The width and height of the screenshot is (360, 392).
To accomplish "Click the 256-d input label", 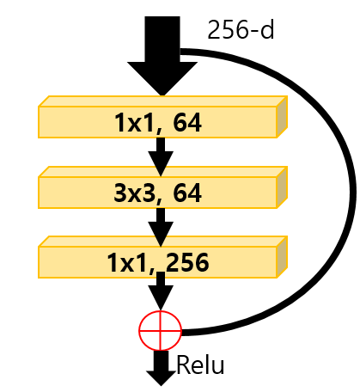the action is tap(241, 30).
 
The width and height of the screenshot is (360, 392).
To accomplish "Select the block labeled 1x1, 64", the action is tap(162, 117).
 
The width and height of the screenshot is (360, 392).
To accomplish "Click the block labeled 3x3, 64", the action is tap(162, 187).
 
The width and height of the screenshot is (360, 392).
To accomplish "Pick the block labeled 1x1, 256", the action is tap(162, 257).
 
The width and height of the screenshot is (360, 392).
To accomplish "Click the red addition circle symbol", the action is tap(161, 330).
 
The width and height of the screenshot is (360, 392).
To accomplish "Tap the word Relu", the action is tap(200, 364).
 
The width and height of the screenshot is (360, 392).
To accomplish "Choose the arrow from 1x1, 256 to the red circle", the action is tap(161, 291).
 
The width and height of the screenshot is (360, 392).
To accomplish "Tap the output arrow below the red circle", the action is tap(161, 368).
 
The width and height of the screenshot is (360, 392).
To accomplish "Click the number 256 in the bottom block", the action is tap(187, 263).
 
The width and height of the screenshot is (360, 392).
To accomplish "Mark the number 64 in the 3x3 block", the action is tap(187, 193).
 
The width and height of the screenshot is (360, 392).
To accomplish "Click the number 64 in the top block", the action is tap(187, 123).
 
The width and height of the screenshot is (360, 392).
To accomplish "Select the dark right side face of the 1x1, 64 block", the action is tap(282, 117).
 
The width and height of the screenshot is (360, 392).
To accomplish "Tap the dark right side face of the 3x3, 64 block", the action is tap(282, 187).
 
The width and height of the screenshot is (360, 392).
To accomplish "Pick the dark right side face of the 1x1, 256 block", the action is tap(282, 257).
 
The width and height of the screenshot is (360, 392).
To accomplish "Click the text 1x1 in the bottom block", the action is tap(129, 263).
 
